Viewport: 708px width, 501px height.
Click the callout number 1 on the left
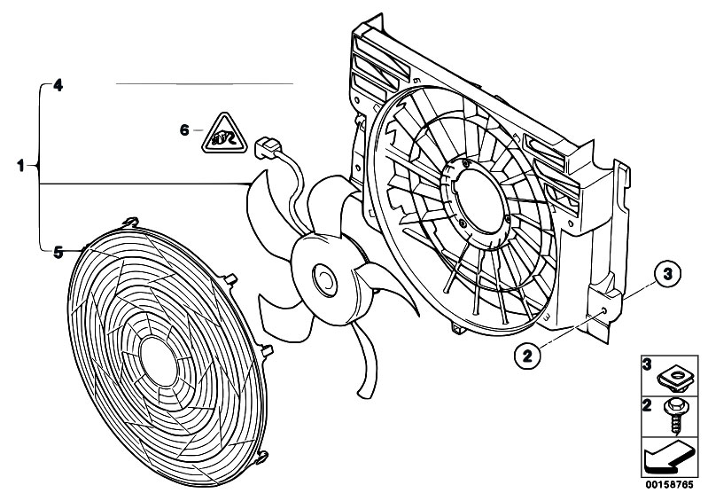tap(20, 166)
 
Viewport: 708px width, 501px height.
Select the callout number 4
tap(58, 85)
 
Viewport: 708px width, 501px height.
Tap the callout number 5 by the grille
tap(58, 252)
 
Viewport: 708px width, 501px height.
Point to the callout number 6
tap(184, 130)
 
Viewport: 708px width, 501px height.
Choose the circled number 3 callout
tap(667, 273)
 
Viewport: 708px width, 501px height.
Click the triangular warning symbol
tap(224, 135)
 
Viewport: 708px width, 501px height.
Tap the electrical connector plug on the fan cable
tap(268, 147)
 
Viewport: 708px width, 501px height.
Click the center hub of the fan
tap(325, 280)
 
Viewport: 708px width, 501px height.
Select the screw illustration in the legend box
tap(673, 417)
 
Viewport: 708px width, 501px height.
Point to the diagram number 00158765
tap(669, 485)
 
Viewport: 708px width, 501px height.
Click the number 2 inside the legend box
tap(647, 405)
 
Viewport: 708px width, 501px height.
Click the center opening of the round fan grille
tap(159, 362)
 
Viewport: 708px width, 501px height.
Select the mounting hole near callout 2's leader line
tap(604, 311)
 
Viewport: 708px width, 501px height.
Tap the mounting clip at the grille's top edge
tap(131, 222)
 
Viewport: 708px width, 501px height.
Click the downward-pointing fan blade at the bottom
tap(366, 361)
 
